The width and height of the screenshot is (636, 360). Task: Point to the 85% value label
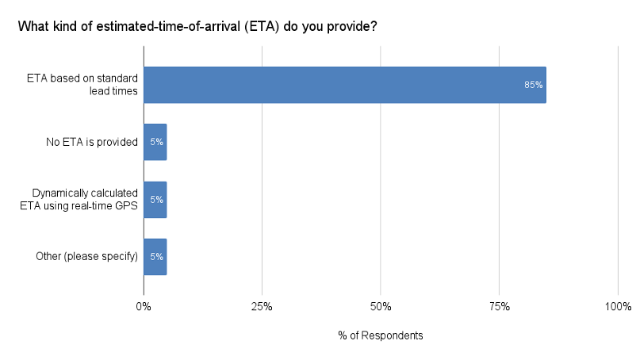click(x=533, y=85)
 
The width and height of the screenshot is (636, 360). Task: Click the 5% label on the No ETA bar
click(x=156, y=143)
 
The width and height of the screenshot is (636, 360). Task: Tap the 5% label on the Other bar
click(x=156, y=257)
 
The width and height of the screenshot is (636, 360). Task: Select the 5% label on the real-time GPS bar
click(x=156, y=200)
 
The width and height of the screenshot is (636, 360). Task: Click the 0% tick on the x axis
click(x=144, y=307)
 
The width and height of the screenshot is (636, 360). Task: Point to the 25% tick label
click(x=262, y=307)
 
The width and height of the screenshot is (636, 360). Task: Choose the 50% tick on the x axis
click(x=381, y=307)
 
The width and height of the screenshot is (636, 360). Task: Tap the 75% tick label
click(x=499, y=307)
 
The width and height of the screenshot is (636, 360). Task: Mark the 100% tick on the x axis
click(x=618, y=307)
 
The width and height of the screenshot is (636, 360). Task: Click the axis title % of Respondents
click(x=381, y=335)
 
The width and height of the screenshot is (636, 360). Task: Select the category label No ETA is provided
click(x=93, y=143)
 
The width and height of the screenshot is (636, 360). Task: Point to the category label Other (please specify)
click(x=87, y=257)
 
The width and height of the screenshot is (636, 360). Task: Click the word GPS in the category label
click(x=127, y=206)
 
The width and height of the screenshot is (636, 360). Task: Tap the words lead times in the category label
click(x=114, y=91)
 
